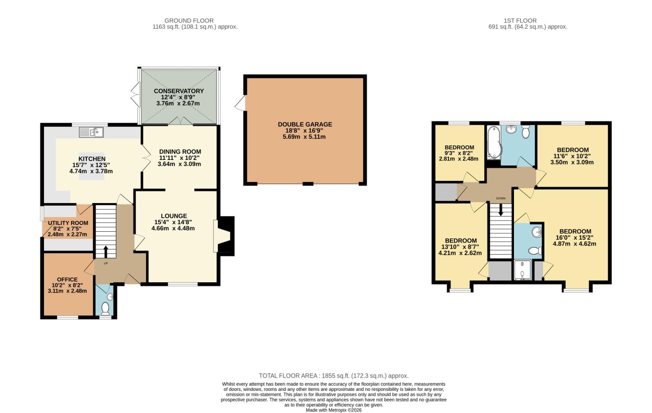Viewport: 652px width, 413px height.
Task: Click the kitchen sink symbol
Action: [91, 132]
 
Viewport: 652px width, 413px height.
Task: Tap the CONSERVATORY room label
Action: [179, 91]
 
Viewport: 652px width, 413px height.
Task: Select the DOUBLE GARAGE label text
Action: [305, 124]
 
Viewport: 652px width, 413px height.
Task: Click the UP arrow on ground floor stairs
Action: [106, 252]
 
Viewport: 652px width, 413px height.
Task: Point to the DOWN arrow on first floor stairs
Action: [501, 211]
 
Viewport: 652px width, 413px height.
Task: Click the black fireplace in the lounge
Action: [226, 236]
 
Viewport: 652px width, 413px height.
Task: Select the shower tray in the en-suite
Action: [522, 270]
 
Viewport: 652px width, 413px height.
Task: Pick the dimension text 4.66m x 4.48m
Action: [173, 228]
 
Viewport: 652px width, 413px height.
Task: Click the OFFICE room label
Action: [67, 280]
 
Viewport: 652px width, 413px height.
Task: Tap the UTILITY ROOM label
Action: [68, 223]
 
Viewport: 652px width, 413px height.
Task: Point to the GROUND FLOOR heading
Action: [189, 21]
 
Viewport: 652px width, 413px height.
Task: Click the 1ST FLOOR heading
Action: [520, 21]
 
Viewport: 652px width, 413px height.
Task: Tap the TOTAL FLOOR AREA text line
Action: [333, 376]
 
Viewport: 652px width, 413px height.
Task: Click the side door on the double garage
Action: [241, 103]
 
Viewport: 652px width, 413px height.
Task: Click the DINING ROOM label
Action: [180, 152]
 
